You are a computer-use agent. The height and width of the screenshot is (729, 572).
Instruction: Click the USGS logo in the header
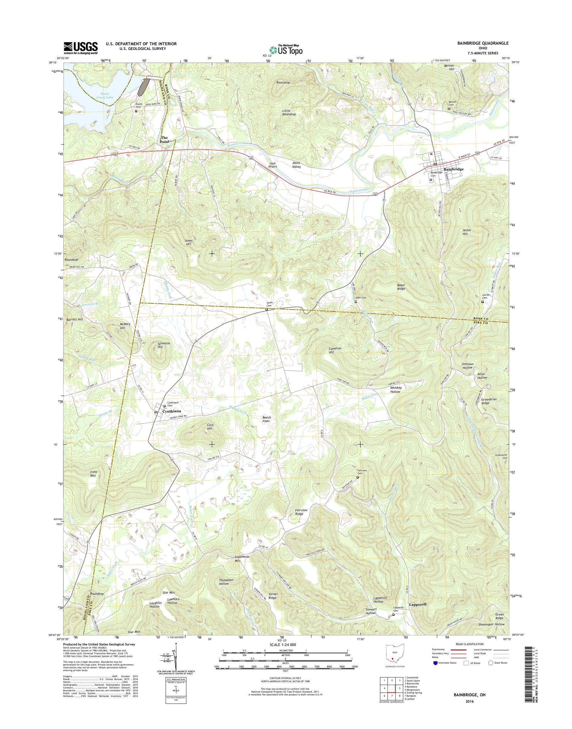coord(81,48)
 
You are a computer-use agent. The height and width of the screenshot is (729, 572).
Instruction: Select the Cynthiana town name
coord(172,411)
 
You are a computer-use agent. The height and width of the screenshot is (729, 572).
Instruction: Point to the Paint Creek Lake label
coord(105,96)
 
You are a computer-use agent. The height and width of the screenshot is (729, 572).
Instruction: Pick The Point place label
coord(164,140)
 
